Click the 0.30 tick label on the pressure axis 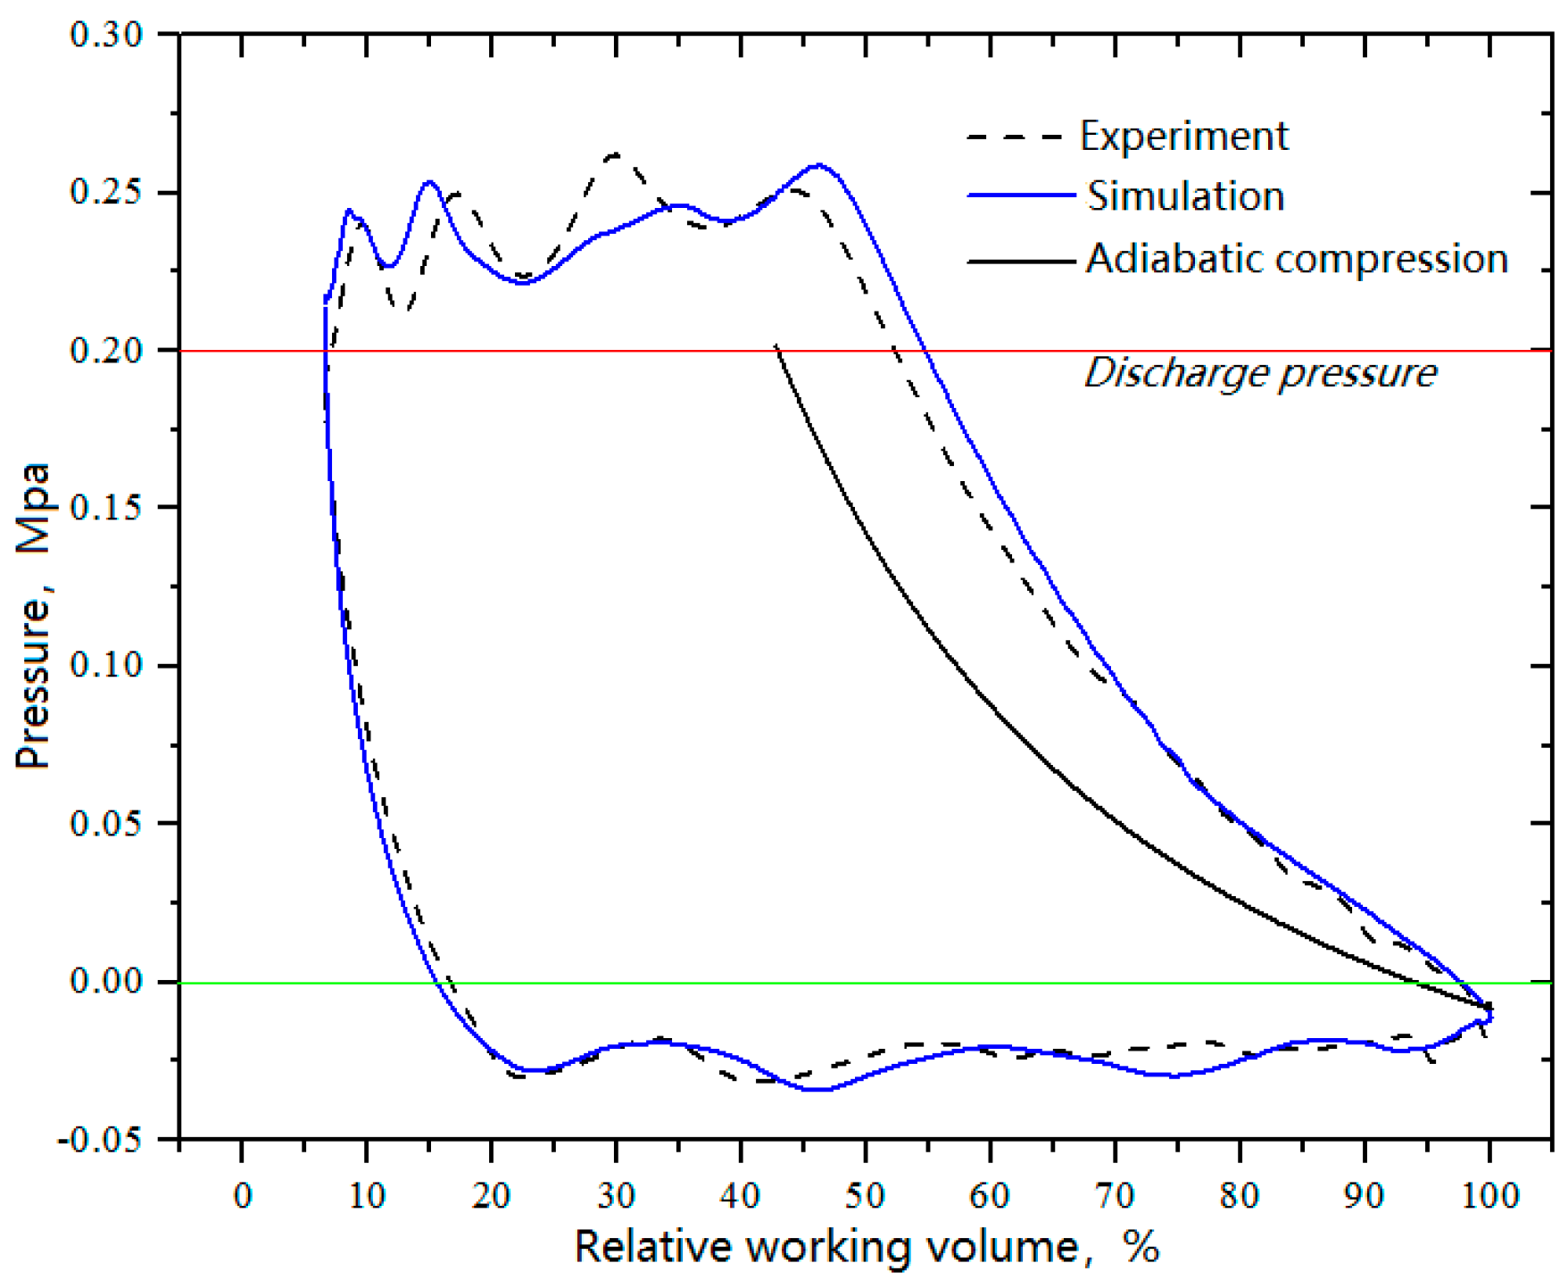click(105, 35)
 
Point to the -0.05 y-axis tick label click(100, 1140)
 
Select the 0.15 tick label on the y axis click(105, 508)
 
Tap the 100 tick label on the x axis click(1489, 1194)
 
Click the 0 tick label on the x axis click(243, 1194)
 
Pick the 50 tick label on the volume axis click(865, 1194)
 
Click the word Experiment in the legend click(1183, 137)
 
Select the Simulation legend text click(1185, 196)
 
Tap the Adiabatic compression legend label click(1296, 259)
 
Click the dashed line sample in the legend click(1016, 137)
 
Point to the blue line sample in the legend click(1021, 195)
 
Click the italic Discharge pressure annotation click(1259, 373)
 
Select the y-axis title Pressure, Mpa click(33, 616)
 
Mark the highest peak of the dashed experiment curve click(615, 154)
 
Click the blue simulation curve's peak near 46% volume click(819, 165)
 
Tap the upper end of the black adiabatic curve click(776, 345)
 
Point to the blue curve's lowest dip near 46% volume click(818, 1090)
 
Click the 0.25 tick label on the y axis click(105, 193)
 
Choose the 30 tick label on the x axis click(616, 1194)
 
